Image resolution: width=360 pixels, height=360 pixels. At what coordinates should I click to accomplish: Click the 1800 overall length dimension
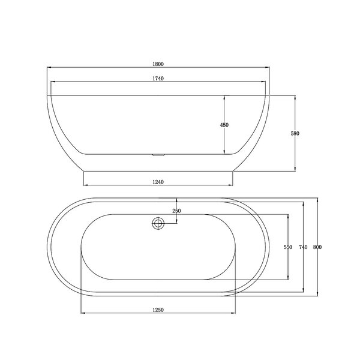click(158, 64)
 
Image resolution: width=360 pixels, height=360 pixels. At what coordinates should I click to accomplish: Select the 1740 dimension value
click(158, 79)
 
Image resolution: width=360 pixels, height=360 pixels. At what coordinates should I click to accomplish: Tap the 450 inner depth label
click(224, 125)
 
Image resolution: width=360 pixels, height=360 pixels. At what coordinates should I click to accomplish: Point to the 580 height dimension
click(295, 133)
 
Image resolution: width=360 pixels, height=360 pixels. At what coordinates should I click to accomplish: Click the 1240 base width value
click(158, 182)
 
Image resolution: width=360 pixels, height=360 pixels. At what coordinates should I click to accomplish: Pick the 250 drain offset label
click(176, 211)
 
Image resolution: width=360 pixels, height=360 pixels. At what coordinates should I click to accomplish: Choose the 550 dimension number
click(288, 247)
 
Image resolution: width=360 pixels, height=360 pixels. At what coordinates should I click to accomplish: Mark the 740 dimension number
click(303, 247)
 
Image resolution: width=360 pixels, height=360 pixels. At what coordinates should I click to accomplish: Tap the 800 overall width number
click(317, 247)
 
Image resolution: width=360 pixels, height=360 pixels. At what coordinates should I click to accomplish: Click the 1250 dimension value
click(158, 310)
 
